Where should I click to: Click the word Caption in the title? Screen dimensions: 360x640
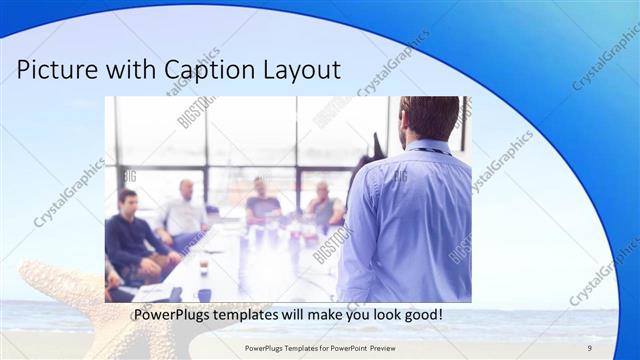[214, 71]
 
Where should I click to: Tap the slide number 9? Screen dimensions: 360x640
[589, 346]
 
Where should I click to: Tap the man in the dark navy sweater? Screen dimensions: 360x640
[131, 240]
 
